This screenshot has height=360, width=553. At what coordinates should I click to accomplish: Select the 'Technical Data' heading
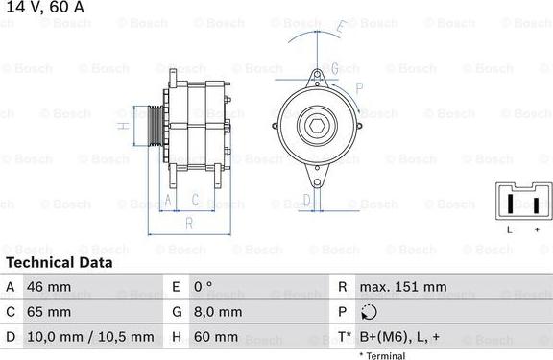point(58,262)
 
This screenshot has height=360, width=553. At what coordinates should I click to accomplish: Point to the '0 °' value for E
point(204,287)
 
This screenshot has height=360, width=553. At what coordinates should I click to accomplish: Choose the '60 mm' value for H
point(214,337)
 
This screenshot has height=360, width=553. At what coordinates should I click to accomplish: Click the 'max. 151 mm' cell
point(402,287)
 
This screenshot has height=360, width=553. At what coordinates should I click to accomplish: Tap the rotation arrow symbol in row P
point(369,312)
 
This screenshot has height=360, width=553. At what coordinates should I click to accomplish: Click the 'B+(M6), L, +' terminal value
point(401,337)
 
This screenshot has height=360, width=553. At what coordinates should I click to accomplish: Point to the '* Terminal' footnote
point(382,355)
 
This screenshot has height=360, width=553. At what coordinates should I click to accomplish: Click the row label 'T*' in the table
point(343,337)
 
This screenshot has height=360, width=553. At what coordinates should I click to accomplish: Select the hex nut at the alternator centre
point(316,127)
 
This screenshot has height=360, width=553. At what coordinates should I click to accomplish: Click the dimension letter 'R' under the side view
point(189,223)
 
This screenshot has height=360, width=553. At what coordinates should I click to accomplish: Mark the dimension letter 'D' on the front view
point(306,200)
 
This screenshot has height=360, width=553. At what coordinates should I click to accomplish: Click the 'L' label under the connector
point(509,230)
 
